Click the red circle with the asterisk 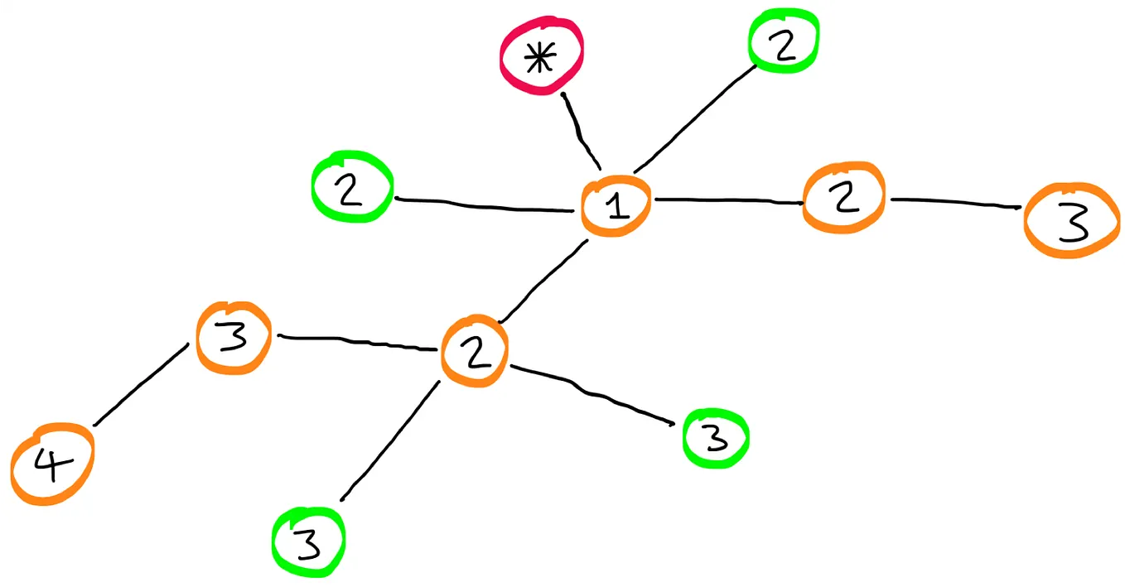541,57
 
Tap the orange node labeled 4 52,466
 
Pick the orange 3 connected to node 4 234,338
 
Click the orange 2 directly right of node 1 843,199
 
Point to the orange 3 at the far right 1072,221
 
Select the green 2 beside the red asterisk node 784,41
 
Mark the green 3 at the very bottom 308,542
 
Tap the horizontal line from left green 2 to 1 485,204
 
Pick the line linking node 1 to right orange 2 727,200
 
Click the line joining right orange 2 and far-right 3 954,201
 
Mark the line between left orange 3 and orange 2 356,341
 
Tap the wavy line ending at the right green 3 592,392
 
